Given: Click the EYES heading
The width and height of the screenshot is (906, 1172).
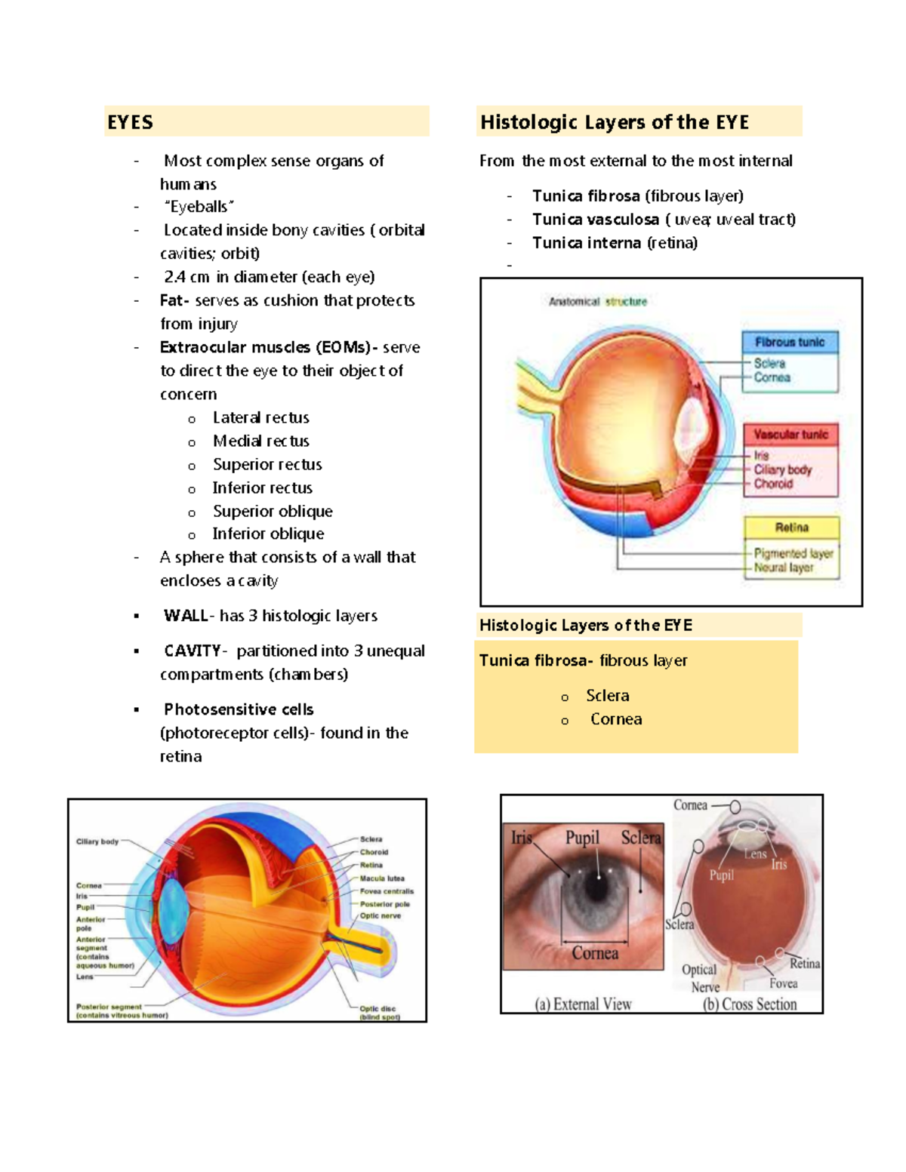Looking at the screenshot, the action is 130,122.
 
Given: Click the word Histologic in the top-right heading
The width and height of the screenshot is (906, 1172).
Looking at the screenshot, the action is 528,122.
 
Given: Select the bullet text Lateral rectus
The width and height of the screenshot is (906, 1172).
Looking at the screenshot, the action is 260,417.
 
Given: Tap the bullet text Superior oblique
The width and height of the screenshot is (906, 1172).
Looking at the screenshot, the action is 273,511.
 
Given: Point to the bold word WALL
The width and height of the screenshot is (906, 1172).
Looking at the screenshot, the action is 185,616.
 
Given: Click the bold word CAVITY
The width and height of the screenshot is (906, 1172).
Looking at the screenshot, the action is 193,651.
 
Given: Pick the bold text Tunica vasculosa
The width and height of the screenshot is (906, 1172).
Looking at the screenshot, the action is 595,219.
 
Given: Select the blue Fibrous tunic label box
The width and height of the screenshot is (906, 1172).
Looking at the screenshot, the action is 790,342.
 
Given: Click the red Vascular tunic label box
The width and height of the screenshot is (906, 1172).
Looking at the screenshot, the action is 790,435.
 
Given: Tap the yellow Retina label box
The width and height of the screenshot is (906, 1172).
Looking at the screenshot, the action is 791,528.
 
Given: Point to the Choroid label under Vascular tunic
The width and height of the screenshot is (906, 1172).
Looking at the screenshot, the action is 773,484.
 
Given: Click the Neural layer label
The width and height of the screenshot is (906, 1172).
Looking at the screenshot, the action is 784,568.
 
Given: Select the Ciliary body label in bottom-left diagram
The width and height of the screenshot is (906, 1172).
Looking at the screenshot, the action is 97,841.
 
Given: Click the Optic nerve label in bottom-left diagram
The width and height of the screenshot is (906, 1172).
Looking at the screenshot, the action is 381,915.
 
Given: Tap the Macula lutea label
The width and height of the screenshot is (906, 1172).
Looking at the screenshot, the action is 382,878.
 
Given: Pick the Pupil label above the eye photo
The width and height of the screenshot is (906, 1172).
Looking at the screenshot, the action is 582,838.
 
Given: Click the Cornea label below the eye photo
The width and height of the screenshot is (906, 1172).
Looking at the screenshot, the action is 595,953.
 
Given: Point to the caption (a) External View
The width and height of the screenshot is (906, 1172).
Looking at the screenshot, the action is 583,1004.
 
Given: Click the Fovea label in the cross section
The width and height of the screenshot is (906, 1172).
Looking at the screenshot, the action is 783,983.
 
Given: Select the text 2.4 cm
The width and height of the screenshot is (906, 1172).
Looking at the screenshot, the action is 186,277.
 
